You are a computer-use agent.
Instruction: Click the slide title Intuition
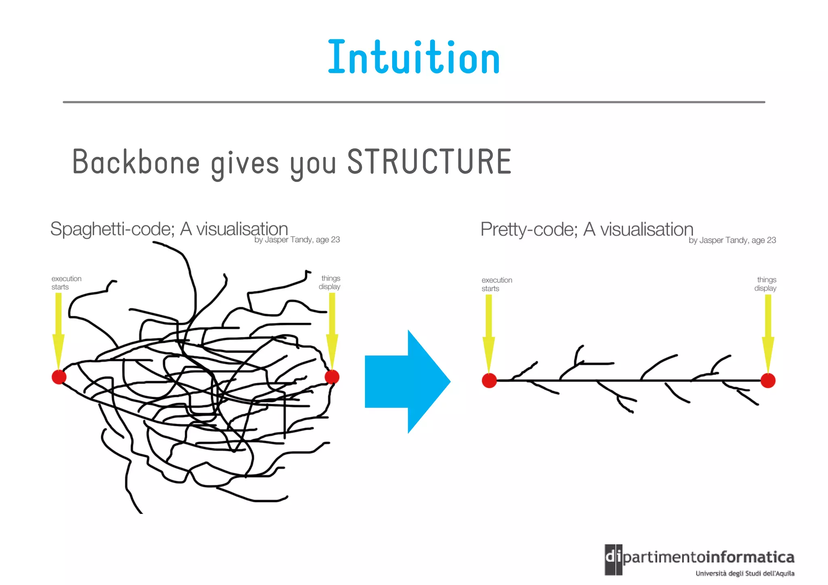tap(414, 57)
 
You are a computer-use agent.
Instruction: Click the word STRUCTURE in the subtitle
tap(429, 162)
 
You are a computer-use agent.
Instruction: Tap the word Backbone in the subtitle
tap(136, 162)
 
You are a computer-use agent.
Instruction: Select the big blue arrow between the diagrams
tap(407, 381)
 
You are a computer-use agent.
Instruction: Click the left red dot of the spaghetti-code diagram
tap(59, 377)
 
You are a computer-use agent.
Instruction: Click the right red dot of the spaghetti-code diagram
tap(332, 377)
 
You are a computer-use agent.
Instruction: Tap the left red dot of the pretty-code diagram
tap(489, 380)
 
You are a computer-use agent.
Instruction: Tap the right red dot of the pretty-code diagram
tap(768, 380)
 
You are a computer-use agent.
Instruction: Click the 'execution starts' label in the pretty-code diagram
tap(496, 284)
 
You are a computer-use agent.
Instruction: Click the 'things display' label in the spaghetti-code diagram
tap(330, 282)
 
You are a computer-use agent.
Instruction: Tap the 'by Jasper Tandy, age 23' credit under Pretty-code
tap(732, 240)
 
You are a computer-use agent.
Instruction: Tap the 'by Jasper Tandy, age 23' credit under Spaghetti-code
tap(297, 240)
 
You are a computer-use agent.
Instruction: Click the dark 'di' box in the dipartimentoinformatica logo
tap(613, 560)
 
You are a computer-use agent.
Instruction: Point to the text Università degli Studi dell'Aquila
tap(745, 573)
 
